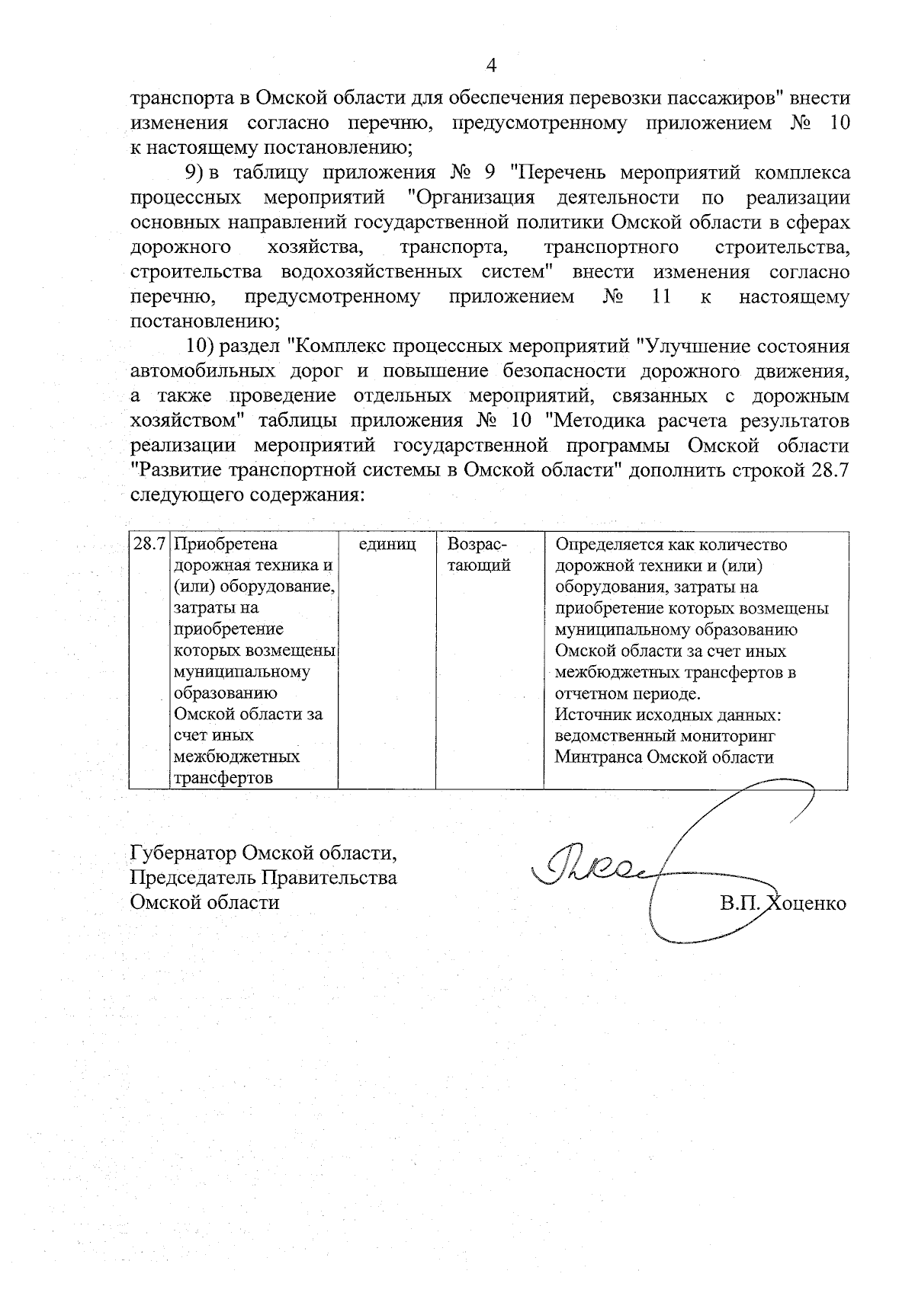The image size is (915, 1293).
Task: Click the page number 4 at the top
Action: coord(491,66)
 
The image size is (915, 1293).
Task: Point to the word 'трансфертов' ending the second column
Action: coord(223,778)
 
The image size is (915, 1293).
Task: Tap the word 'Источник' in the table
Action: coord(588,715)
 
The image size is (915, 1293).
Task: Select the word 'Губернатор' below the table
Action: coord(181,853)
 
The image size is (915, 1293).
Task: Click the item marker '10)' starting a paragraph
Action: coord(199,346)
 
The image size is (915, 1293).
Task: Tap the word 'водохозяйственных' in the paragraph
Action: coord(371,272)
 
